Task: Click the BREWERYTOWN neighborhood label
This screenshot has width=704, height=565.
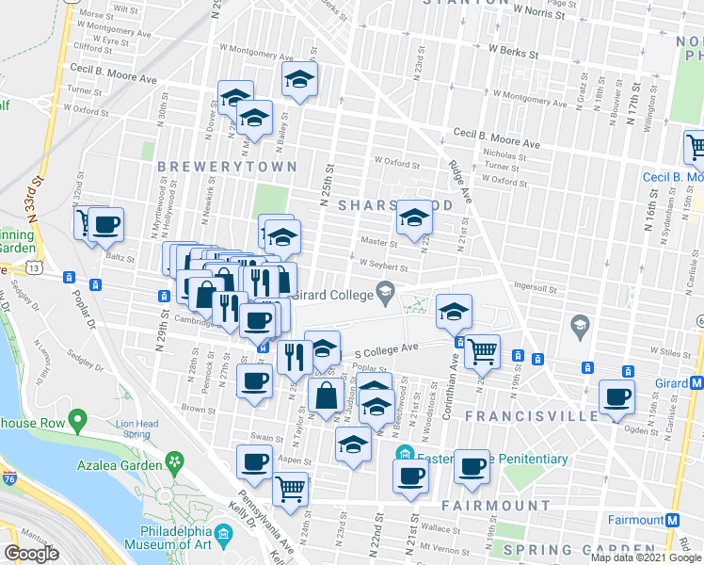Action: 227,167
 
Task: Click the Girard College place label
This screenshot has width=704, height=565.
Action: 337,294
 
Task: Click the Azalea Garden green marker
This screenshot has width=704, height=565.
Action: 174,460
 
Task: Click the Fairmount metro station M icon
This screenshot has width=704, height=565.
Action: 673,520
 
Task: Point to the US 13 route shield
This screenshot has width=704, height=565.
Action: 35,267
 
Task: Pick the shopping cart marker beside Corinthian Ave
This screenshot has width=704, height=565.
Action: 482,352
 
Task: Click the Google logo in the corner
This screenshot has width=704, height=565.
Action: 31,554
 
